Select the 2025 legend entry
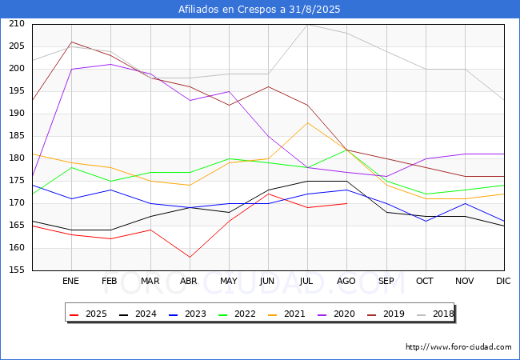(x=88, y=314)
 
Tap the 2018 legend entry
(x=435, y=314)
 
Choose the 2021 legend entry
(x=286, y=314)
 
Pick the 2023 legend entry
(x=187, y=314)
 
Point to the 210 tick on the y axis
(x=17, y=23)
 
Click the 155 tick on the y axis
(x=17, y=270)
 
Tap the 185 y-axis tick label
(x=17, y=135)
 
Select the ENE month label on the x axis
(x=70, y=281)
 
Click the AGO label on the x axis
(x=346, y=281)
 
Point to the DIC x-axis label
(x=503, y=281)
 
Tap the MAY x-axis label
(x=229, y=281)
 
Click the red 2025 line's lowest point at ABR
(x=190, y=258)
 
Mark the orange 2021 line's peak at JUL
(x=308, y=122)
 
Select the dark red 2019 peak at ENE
(x=72, y=42)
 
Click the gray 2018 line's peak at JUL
(x=308, y=25)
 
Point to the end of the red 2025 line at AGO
(x=347, y=203)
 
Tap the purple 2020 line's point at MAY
(x=229, y=91)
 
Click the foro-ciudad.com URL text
(x=458, y=347)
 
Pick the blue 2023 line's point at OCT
(x=426, y=221)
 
